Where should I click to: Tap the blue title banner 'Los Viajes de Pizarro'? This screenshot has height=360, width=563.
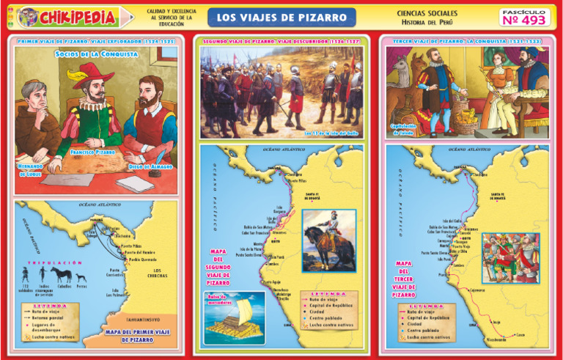(281, 16)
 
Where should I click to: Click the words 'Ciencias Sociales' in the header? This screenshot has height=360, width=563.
(427, 13)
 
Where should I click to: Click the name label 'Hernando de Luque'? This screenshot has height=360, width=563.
(32, 170)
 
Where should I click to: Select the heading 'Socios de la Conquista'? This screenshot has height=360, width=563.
(86, 54)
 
